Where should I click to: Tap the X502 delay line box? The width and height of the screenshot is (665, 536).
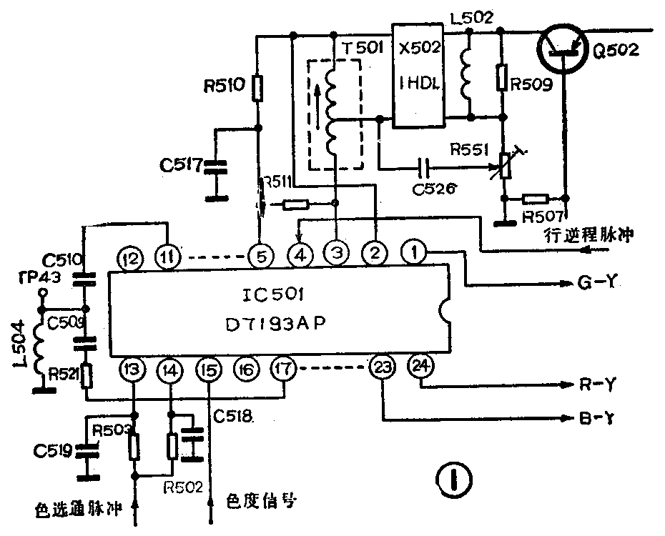(x=419, y=75)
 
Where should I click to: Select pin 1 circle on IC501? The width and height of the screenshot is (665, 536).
(x=413, y=252)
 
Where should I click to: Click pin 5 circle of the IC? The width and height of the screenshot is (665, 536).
(x=260, y=253)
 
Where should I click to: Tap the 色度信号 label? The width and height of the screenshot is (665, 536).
(x=260, y=502)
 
